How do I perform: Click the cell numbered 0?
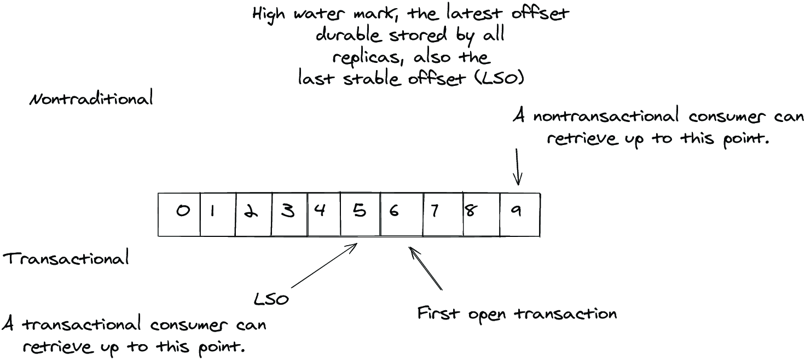click(179, 214)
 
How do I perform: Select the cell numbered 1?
click(218, 214)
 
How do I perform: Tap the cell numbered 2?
click(254, 214)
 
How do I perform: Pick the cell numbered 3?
click(289, 214)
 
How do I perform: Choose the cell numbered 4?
click(324, 214)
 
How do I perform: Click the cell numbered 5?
click(361, 214)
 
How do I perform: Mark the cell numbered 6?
click(402, 214)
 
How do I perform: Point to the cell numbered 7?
click(443, 214)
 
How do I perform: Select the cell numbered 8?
click(482, 214)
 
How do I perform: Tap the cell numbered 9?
click(520, 214)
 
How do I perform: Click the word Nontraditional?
click(91, 98)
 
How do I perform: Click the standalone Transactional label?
click(66, 258)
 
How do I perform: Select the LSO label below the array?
click(271, 299)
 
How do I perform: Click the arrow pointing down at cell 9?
click(518, 167)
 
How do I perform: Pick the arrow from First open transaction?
click(426, 268)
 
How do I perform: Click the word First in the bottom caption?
click(438, 313)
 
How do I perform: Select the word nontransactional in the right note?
click(606, 116)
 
